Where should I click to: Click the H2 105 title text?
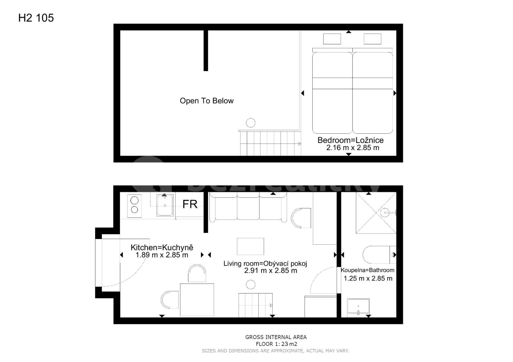click(x=36, y=18)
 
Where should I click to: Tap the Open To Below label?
click(x=207, y=101)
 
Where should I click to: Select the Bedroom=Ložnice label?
click(x=350, y=140)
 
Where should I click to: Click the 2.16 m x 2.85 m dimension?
click(x=353, y=148)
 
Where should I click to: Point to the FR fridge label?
click(x=190, y=205)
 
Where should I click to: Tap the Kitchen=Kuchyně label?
click(x=162, y=247)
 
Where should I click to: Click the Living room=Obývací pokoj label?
click(x=265, y=263)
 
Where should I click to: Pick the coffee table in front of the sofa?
click(x=250, y=246)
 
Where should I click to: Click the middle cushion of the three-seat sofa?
click(x=248, y=208)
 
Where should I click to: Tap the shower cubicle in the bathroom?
click(x=376, y=213)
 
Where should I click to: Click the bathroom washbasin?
click(x=358, y=306)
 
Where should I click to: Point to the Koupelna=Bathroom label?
click(x=367, y=270)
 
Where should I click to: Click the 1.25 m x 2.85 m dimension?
click(x=368, y=278)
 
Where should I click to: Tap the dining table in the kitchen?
click(x=197, y=300)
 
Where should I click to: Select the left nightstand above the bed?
click(x=332, y=39)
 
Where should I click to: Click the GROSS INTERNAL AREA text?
click(x=276, y=337)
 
